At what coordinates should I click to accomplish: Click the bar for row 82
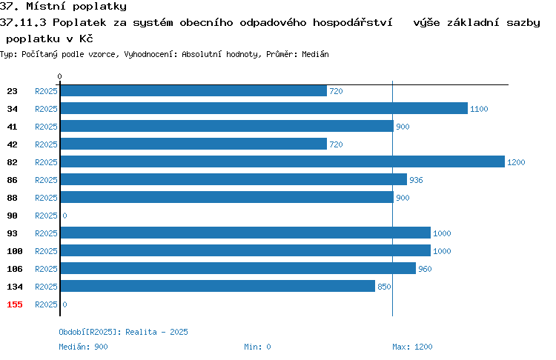click(282, 161)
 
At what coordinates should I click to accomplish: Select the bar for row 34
click(264, 108)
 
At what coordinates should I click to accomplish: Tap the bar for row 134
click(218, 286)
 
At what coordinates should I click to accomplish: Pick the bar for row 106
click(238, 268)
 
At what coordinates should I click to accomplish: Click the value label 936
click(416, 180)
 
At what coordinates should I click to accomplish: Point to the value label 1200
click(516, 162)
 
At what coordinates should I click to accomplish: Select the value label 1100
click(479, 109)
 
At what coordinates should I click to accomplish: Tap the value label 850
click(384, 287)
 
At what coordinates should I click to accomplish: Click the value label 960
click(425, 269)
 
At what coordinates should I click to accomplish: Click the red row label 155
click(15, 304)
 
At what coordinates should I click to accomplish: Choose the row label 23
click(12, 91)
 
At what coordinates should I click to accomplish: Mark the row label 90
click(12, 216)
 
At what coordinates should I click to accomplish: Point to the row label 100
click(15, 251)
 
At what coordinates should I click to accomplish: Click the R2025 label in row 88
click(46, 198)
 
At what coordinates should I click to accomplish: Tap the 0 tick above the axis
click(59, 76)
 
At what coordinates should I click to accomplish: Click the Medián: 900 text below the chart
click(83, 347)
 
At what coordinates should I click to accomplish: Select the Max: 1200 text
click(412, 347)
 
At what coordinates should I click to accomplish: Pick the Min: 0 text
click(257, 347)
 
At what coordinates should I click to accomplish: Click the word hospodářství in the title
click(352, 23)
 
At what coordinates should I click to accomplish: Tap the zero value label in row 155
click(64, 304)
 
